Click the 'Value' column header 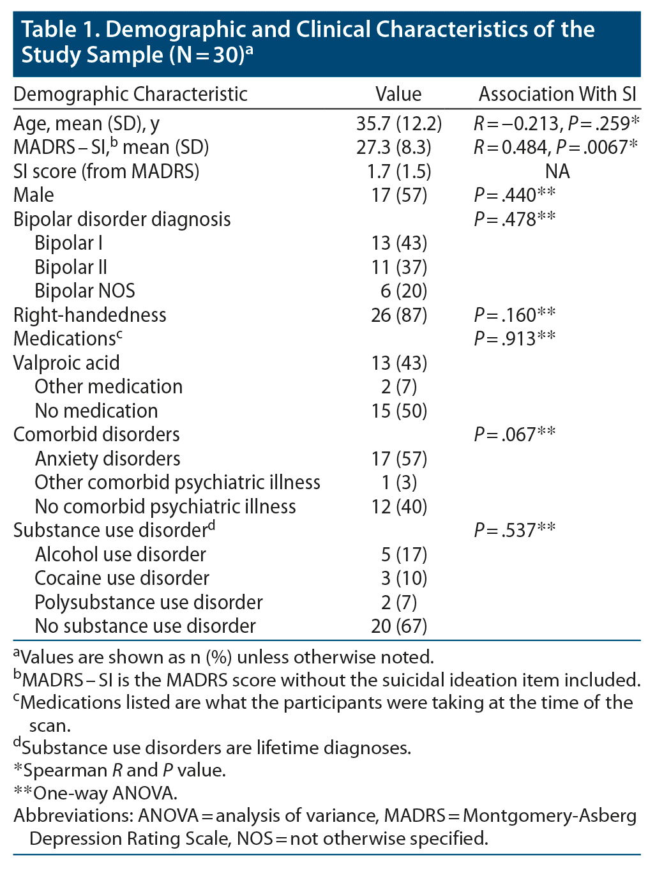tap(398, 95)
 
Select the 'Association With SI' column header tap(557, 95)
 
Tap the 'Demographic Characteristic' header tap(130, 95)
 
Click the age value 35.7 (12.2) tap(399, 123)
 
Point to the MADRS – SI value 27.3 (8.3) tap(394, 148)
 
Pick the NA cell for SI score tap(557, 171)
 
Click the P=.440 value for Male tap(514, 195)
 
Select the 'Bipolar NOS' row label tap(85, 291)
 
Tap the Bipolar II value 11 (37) tap(399, 267)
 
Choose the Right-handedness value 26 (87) tap(399, 315)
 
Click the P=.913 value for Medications tap(514, 338)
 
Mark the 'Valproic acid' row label tap(66, 363)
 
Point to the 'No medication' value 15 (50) tap(399, 411)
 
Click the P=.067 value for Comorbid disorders tap(514, 434)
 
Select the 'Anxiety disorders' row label tap(107, 458)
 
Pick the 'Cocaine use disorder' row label tap(121, 578)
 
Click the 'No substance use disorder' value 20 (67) tap(399, 626)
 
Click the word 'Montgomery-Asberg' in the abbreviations tap(550, 816)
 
